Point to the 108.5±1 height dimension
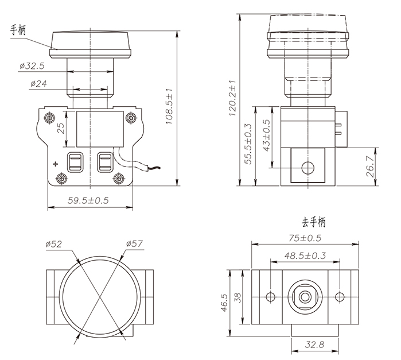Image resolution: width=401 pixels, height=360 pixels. point(169,109)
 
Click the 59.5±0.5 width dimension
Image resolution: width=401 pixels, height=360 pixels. point(88,200)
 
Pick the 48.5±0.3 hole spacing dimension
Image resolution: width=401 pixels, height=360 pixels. point(305,255)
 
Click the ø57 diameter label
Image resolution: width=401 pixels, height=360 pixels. point(134,243)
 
